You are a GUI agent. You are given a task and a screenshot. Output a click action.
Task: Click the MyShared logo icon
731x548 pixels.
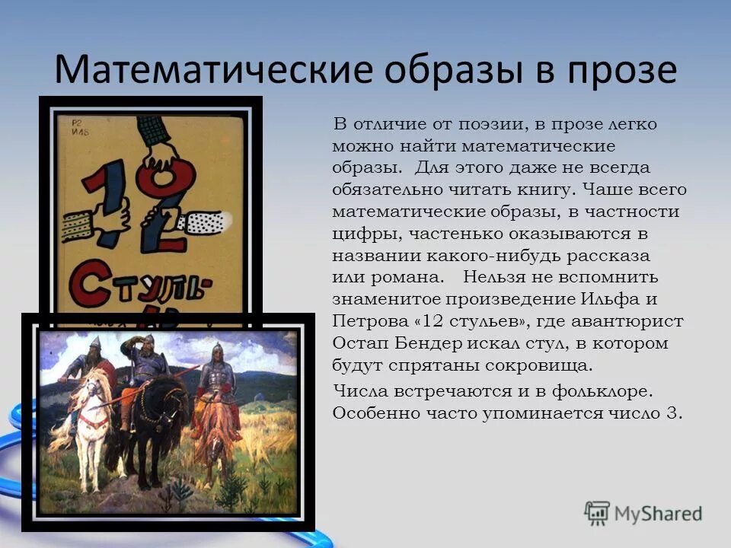tap(597, 513)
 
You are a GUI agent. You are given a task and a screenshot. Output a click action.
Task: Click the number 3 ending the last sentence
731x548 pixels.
tap(678, 413)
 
